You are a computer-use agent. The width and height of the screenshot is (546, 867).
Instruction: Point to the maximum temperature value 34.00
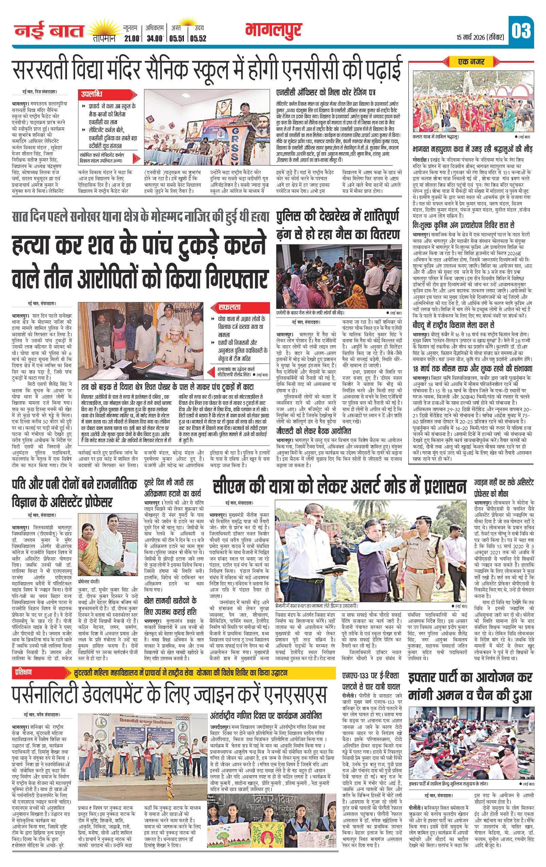coord(154,38)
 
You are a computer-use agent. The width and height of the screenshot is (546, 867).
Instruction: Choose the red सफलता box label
coord(229,308)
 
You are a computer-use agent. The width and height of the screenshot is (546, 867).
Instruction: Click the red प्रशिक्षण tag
coord(24,672)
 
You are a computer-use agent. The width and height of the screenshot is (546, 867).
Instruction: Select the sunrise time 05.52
coord(198,38)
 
